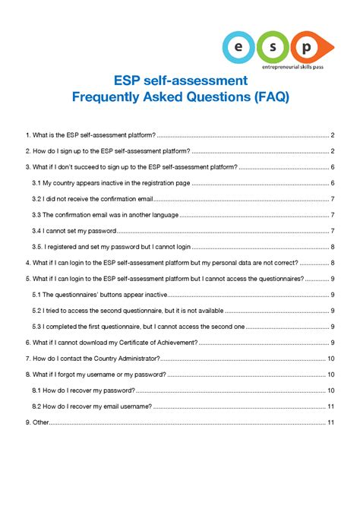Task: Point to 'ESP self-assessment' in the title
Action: tap(180, 80)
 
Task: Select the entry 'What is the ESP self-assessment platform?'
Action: tap(90, 134)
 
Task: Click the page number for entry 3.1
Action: tap(333, 182)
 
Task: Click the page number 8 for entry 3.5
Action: tap(333, 246)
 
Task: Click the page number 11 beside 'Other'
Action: tap(332, 422)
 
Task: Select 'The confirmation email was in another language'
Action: tap(104, 214)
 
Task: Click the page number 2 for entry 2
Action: tap(333, 150)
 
